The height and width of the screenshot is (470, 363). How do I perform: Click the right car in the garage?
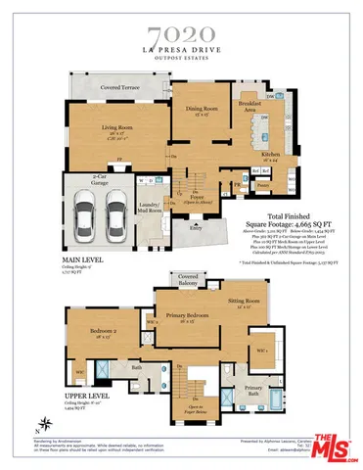tap(116, 207)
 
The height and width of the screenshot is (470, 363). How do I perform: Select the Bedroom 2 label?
tap(104, 331)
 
